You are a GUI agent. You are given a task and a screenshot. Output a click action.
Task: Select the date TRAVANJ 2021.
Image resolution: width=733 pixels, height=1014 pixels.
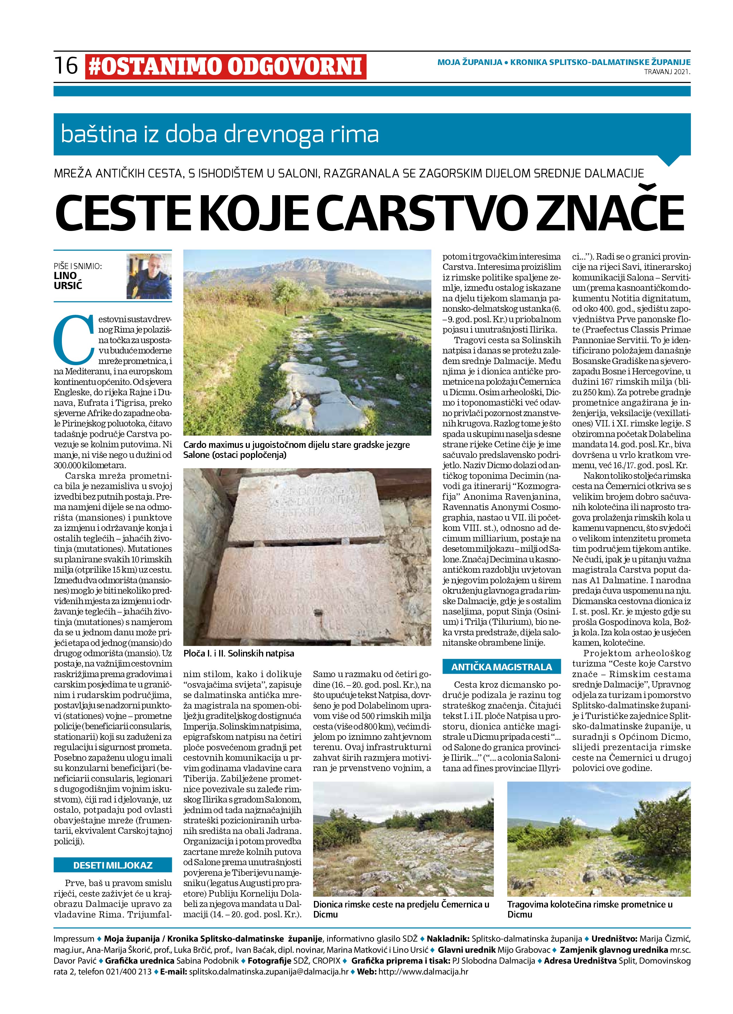pos(667,72)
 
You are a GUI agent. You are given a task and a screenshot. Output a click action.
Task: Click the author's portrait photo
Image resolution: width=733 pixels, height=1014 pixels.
pos(149,276)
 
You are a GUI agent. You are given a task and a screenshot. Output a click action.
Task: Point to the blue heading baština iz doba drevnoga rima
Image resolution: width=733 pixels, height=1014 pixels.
pos(220,135)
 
